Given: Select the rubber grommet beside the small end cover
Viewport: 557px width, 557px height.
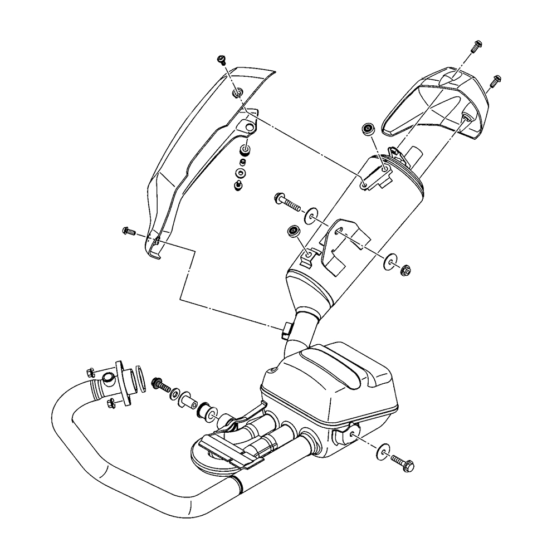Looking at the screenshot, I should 367,129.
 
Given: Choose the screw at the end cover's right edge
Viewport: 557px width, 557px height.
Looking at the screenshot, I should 494,82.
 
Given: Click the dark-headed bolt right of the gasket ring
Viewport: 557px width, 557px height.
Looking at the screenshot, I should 162,385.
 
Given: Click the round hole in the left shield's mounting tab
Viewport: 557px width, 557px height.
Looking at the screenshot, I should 249,126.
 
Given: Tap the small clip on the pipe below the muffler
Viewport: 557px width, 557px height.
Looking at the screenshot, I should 286,329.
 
